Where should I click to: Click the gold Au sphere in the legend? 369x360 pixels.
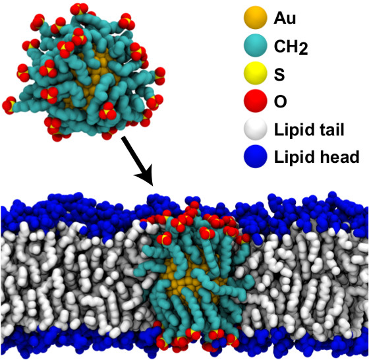256,18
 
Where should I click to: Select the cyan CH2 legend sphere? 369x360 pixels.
256,45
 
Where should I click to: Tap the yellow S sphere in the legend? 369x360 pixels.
256,73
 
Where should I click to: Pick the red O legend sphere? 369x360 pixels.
256,101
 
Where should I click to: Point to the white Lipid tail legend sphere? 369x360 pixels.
256,129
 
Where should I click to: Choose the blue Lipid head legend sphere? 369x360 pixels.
256,156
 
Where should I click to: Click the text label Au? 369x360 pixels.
285,18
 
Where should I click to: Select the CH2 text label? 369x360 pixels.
291,47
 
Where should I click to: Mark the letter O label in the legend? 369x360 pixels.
280,102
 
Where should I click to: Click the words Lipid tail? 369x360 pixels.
309,129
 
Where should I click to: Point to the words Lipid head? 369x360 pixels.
316,157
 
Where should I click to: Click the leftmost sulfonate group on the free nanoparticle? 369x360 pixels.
9,105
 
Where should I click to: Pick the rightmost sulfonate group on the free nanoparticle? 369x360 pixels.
159,76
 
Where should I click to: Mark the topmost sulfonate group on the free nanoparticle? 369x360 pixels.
80,10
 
